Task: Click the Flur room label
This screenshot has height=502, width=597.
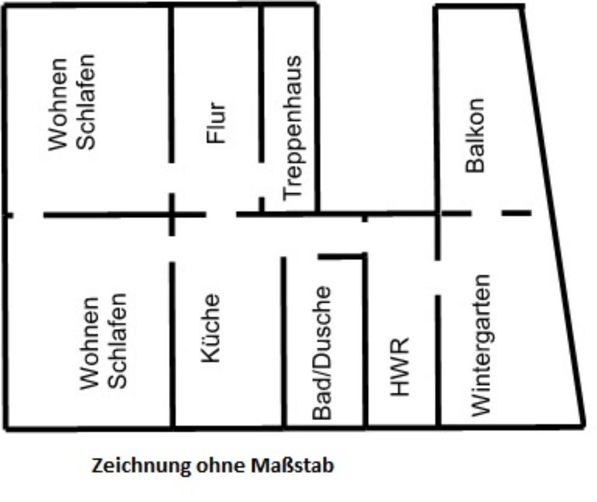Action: coord(216,122)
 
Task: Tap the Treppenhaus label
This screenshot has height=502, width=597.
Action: coord(291,127)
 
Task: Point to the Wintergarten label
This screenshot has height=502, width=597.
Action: coord(481,345)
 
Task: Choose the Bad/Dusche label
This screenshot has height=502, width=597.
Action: coord(322,352)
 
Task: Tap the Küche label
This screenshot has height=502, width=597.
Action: coord(210,327)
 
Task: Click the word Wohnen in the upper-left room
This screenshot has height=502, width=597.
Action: coord(58,104)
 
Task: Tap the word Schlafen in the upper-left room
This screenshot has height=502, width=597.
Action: coord(86,101)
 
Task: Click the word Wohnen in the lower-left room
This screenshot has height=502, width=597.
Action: coord(90,343)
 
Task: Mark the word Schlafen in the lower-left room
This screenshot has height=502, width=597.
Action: coord(118,340)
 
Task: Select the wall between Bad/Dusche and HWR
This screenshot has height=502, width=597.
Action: coord(365,342)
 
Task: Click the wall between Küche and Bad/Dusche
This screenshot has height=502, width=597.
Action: coord(284,342)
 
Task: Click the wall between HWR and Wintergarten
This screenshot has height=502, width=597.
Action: coord(438,360)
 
